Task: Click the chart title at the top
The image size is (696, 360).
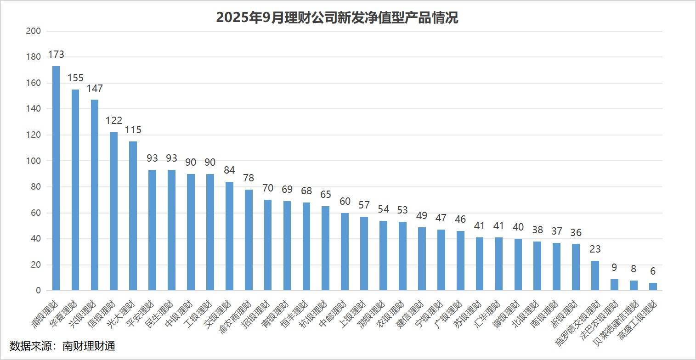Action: click(337, 17)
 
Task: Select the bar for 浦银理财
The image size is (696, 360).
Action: click(56, 178)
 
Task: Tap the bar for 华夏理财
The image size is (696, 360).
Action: click(75, 190)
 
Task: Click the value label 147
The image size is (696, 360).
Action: click(95, 89)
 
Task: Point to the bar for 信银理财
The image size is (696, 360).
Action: click(114, 212)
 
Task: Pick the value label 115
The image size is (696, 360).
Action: click(133, 129)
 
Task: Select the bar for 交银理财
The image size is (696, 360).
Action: click(229, 236)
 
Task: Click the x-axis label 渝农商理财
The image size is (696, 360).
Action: click(235, 317)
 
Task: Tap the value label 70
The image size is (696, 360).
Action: click(268, 188)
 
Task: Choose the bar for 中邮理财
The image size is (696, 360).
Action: click(345, 252)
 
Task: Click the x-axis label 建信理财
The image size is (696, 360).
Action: click(410, 314)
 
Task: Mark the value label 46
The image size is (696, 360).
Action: click(460, 219)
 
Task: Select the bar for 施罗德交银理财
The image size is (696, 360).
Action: click(595, 276)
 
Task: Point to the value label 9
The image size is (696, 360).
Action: click(614, 267)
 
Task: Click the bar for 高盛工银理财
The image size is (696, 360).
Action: click(653, 287)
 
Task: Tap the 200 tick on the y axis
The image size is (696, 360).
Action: click(34, 31)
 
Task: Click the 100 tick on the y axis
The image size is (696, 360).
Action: click(34, 161)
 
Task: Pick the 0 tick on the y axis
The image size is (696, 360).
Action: click(38, 290)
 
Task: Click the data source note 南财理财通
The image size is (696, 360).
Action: click(89, 346)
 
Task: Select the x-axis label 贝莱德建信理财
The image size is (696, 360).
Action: click(616, 323)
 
